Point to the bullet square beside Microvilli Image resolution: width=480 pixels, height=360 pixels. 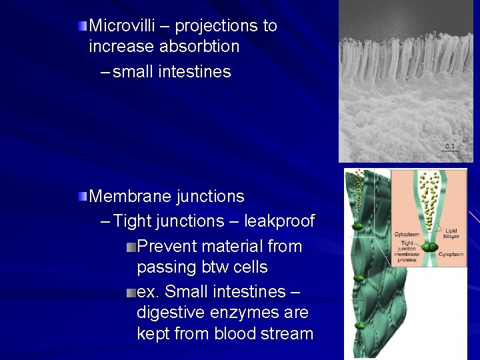click(81, 26)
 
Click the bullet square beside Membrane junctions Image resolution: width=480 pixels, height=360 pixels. click(81, 197)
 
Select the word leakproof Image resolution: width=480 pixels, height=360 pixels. click(279, 221)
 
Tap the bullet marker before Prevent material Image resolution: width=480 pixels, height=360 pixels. click(131, 247)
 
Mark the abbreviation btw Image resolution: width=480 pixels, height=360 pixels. click(215, 267)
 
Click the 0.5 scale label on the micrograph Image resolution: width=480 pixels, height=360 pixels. click(450, 145)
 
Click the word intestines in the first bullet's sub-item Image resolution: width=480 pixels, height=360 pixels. click(195, 71)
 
